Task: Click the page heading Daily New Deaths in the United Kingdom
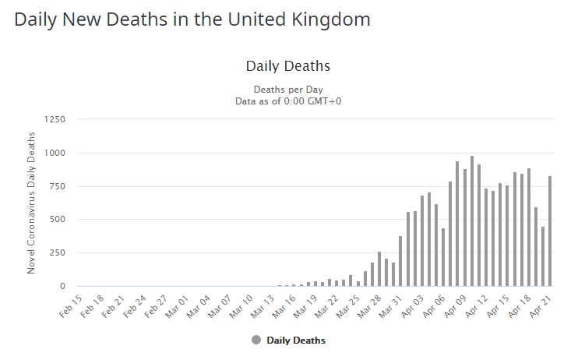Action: coord(192,20)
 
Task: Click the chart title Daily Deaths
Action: coord(288,66)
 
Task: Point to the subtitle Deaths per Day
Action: coord(288,90)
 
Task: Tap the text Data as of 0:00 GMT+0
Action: coord(288,101)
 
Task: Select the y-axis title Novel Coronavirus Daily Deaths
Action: coord(32,202)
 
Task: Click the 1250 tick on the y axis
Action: coord(55,119)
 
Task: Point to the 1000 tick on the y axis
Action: coord(55,153)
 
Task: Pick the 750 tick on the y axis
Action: coord(57,186)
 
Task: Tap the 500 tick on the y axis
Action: coord(57,220)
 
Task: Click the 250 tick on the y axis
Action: coord(57,253)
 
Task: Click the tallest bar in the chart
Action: coord(472,221)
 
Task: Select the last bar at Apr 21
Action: coord(550,231)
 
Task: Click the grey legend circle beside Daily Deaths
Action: coord(256,340)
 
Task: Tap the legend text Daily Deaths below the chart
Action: coord(296,341)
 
